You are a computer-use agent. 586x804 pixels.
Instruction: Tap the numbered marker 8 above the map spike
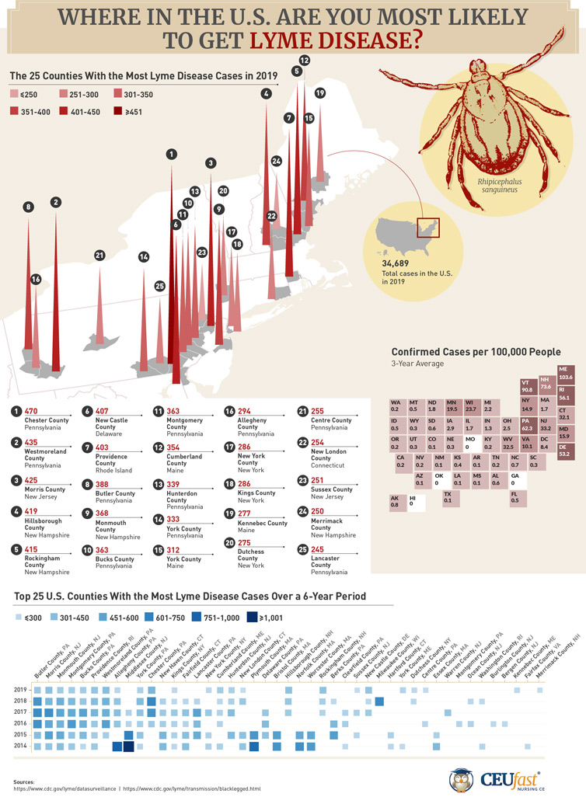(29, 207)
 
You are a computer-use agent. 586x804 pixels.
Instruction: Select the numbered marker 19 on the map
(319, 93)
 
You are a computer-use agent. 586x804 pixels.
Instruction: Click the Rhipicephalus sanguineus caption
(498, 184)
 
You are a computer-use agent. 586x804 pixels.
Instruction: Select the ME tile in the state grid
(566, 373)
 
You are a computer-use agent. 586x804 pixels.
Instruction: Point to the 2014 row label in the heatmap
(21, 745)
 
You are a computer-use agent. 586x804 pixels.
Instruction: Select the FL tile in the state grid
(515, 499)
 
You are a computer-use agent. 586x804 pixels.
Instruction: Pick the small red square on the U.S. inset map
(429, 227)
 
